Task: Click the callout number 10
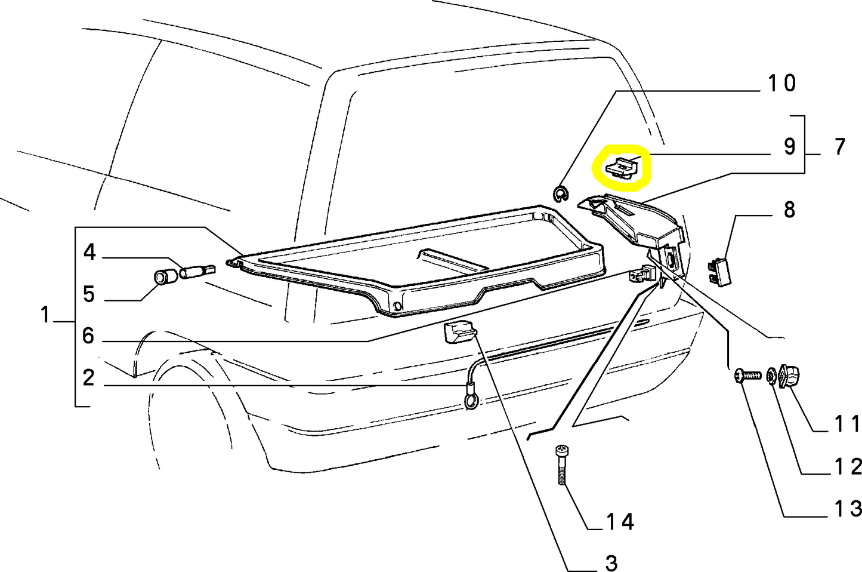pyautogui.click(x=781, y=83)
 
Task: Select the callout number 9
pyautogui.click(x=789, y=147)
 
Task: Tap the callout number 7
pyautogui.click(x=840, y=147)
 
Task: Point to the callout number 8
pyautogui.click(x=789, y=210)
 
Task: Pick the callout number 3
pyautogui.click(x=611, y=563)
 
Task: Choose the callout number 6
pyautogui.click(x=88, y=336)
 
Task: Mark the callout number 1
pyautogui.click(x=45, y=314)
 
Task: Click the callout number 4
pyautogui.click(x=89, y=253)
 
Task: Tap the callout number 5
pyautogui.click(x=89, y=294)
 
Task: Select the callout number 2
pyautogui.click(x=88, y=377)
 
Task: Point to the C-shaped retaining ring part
pyautogui.click(x=560, y=193)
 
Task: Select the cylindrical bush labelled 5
pyautogui.click(x=165, y=277)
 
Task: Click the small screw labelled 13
pyautogui.click(x=747, y=376)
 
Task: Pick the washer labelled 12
pyautogui.click(x=771, y=376)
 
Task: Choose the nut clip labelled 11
pyautogui.click(x=789, y=376)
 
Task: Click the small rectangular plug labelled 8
pyautogui.click(x=719, y=272)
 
